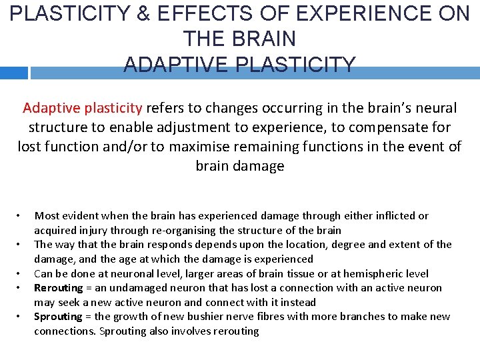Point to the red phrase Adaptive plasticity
[83, 108]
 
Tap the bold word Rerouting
[59, 288]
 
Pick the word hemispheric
[363, 274]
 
